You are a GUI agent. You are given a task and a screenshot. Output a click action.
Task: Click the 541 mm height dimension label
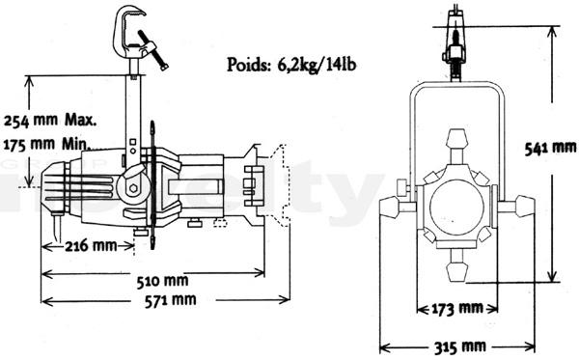coord(550,148)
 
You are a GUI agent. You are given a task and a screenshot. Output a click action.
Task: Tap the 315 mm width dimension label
coord(459,346)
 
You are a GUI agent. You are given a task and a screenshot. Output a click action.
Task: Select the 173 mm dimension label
coord(457,308)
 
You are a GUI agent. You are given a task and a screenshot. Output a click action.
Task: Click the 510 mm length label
coord(162,282)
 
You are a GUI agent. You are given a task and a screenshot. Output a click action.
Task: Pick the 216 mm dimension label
coord(91,245)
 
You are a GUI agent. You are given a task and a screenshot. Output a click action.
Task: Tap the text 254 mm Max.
coord(50,120)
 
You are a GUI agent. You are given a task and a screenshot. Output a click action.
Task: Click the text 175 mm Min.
coord(47,144)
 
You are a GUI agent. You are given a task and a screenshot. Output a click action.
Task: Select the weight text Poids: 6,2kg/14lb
coord(291,65)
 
